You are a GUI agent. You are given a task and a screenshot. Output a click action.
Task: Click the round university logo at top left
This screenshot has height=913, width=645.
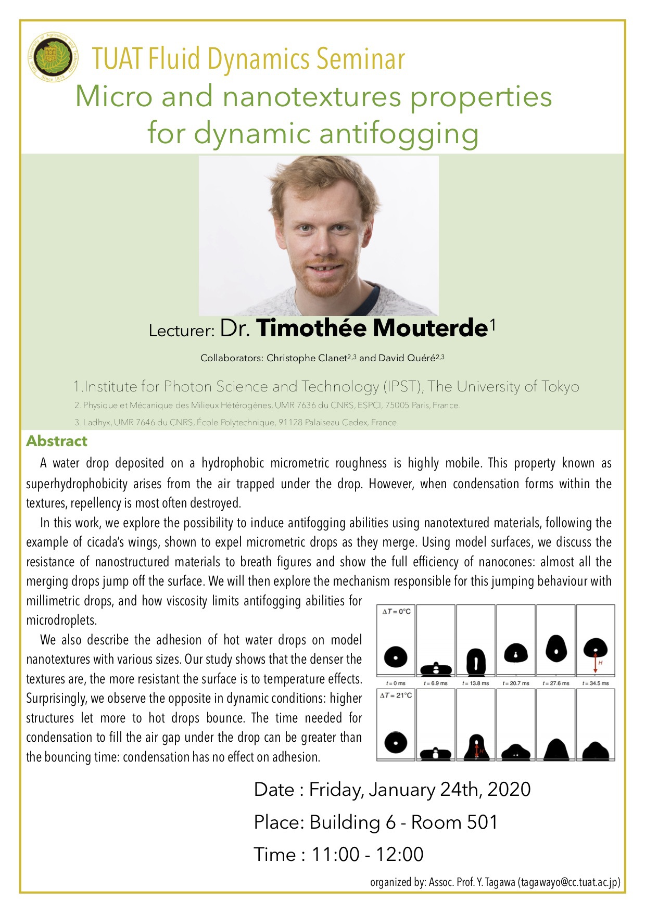(x=53, y=57)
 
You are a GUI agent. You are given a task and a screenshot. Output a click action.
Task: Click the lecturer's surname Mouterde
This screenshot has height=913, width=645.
(x=431, y=328)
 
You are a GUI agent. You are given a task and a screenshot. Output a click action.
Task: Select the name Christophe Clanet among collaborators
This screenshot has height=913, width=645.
(x=307, y=358)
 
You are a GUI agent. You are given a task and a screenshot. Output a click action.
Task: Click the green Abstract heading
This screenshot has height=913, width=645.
(x=57, y=441)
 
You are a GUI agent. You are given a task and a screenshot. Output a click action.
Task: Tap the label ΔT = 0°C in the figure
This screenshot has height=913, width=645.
(x=397, y=612)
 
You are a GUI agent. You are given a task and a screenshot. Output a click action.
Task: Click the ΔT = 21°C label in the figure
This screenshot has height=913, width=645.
(x=396, y=695)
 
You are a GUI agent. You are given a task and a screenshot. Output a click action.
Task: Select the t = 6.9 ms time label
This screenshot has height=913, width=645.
(x=436, y=683)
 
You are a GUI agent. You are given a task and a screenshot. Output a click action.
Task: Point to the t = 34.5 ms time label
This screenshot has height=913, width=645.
(x=596, y=683)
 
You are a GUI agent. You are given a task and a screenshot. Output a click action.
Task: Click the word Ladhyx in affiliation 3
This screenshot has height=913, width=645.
(x=96, y=422)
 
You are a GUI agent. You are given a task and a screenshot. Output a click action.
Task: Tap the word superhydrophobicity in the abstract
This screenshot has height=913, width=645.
(x=77, y=484)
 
